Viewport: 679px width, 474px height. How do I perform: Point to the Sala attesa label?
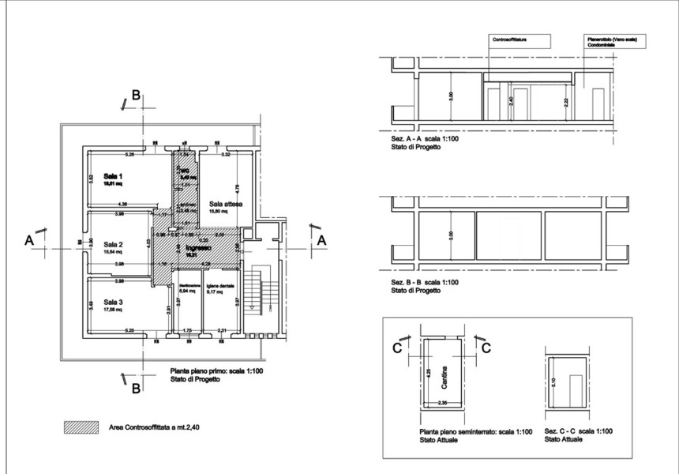(226, 204)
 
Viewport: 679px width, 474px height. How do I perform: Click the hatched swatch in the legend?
(81, 427)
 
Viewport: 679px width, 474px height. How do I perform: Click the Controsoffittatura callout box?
(512, 39)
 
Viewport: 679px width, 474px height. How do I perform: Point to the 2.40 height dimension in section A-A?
(512, 101)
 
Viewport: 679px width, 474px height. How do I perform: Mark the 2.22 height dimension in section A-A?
(566, 101)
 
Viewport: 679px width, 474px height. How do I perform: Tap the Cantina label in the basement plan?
(445, 373)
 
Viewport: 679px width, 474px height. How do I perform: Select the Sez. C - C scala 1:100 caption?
(579, 431)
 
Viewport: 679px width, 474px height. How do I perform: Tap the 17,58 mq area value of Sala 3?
(115, 310)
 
